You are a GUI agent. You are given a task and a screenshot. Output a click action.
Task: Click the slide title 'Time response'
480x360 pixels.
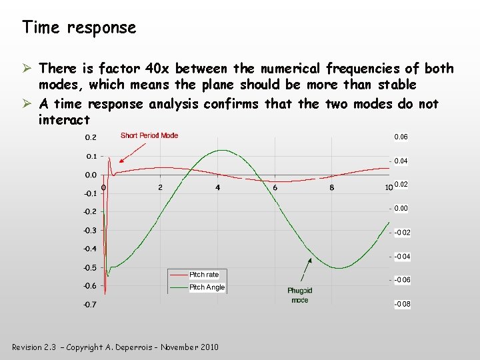tap(79, 27)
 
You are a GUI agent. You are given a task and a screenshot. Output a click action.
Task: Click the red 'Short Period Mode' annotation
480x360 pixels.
tap(149, 135)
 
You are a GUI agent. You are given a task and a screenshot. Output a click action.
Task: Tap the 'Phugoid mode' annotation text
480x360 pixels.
tap(300, 295)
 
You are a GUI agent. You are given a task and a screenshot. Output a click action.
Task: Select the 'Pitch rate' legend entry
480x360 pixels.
tap(204, 275)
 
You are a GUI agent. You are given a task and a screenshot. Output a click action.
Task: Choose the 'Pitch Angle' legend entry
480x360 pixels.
tap(207, 287)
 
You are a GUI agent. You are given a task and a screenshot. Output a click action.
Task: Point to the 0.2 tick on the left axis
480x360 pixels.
tap(90, 138)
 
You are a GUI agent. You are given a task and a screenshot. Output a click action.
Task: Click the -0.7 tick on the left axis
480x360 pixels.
tap(89, 305)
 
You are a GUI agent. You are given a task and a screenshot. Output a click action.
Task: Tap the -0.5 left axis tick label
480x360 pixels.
tap(89, 268)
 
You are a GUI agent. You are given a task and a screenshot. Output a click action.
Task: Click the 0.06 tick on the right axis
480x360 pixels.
tap(401, 137)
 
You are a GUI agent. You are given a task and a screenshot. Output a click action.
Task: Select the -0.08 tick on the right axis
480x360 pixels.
tap(402, 304)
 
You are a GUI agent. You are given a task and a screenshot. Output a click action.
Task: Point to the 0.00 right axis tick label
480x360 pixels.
tap(401, 209)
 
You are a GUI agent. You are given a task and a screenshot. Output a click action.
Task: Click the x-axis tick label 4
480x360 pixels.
tap(217, 188)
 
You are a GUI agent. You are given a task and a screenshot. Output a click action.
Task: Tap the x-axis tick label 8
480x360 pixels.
tap(332, 188)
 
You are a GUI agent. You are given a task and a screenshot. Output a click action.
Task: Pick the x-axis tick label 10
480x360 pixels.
tap(389, 188)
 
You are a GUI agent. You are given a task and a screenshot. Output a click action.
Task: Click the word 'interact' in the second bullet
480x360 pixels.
tap(64, 120)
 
